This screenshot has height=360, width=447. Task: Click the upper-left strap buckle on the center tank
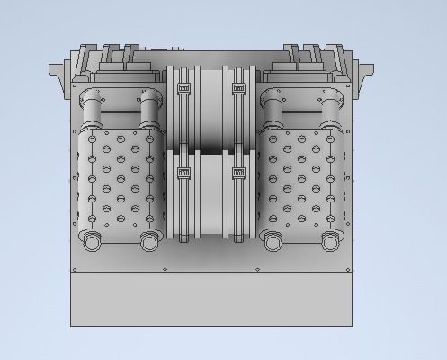[x=183, y=89]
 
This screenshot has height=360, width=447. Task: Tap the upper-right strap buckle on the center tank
[x=238, y=89]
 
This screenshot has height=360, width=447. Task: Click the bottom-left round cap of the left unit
[x=93, y=241]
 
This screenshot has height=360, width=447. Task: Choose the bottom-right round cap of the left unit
[x=149, y=241]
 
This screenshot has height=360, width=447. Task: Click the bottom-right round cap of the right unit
[x=331, y=241]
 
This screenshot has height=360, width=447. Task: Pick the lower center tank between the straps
[x=210, y=193]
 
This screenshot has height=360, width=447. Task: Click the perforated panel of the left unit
[x=121, y=180]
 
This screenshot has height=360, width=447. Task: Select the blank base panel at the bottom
[x=212, y=297]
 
